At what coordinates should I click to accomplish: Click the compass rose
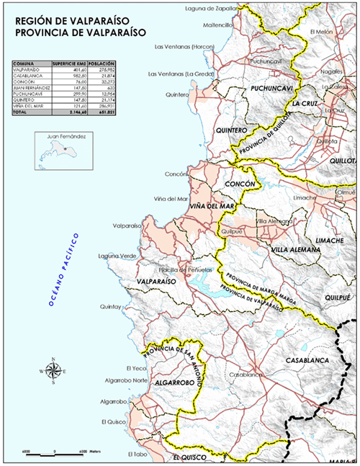coord(53,371)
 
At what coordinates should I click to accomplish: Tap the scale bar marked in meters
coord(55,453)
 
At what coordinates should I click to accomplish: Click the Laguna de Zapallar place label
coord(210,9)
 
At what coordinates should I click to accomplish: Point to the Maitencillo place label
coord(213,25)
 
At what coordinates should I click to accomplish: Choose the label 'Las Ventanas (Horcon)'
coord(186,47)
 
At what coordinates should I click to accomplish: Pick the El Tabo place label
coord(138,454)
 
